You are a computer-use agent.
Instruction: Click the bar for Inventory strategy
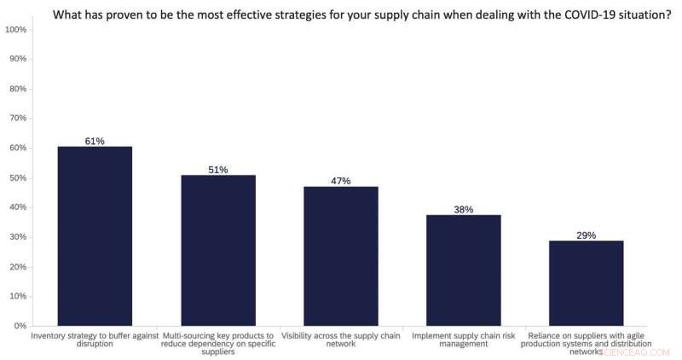(x=95, y=236)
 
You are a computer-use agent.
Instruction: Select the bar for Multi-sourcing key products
(x=217, y=251)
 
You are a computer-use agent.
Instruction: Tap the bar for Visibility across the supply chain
(x=341, y=256)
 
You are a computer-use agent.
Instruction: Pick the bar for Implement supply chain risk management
(x=464, y=270)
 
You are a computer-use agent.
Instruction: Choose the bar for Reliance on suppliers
(x=586, y=283)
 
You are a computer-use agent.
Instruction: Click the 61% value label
(x=95, y=141)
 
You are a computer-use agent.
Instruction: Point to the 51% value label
(x=217, y=170)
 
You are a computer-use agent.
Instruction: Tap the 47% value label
(x=341, y=181)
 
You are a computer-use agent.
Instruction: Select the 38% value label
(x=464, y=209)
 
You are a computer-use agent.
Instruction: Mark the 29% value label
(x=586, y=235)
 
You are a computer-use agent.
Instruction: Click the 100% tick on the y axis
(x=15, y=30)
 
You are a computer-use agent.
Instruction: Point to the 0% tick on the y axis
(x=20, y=326)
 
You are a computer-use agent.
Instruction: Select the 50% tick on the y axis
(x=17, y=177)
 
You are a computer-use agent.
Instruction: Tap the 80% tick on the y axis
(x=17, y=89)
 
